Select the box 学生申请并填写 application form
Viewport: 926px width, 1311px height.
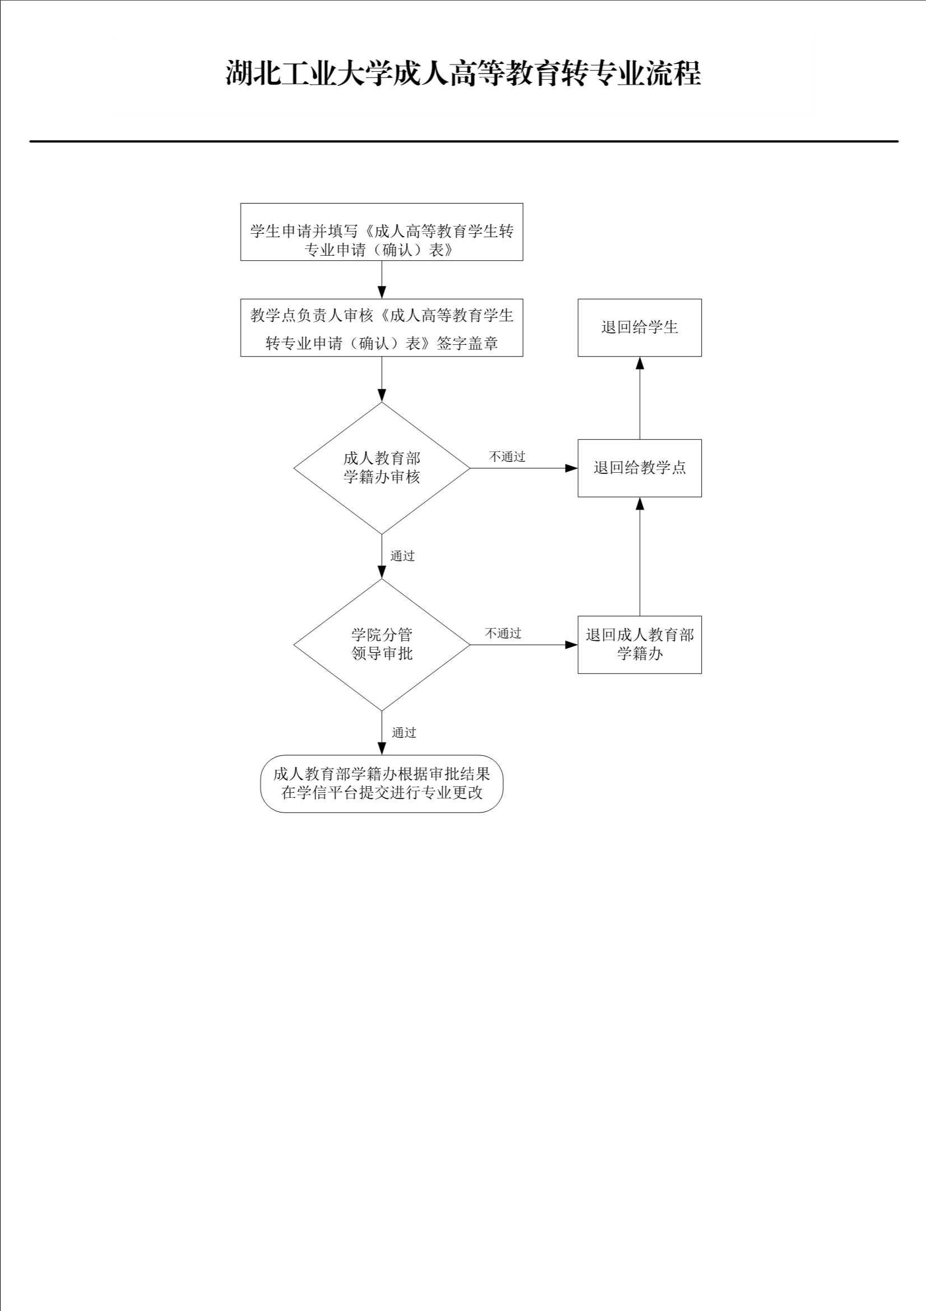tap(381, 232)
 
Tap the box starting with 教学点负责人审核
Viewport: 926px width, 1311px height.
tap(381, 327)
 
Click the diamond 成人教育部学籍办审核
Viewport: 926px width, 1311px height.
tap(381, 468)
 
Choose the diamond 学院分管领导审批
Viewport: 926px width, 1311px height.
tap(381, 644)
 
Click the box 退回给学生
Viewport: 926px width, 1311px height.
tap(640, 327)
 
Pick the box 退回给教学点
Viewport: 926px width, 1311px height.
tap(640, 468)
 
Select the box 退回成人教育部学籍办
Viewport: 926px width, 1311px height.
tap(640, 644)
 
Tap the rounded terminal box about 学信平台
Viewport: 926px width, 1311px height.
tap(381, 783)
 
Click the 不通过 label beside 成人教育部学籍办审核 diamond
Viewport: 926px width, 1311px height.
tap(507, 457)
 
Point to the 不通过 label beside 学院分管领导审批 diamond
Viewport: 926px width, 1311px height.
tap(503, 633)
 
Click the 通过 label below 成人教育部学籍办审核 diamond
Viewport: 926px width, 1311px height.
tap(402, 556)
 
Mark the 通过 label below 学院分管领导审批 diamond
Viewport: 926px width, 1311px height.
tap(404, 732)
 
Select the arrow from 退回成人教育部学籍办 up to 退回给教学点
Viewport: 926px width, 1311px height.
tap(640, 556)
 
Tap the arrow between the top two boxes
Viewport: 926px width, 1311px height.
tap(382, 279)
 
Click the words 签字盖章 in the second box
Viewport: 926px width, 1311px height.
tap(467, 343)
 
